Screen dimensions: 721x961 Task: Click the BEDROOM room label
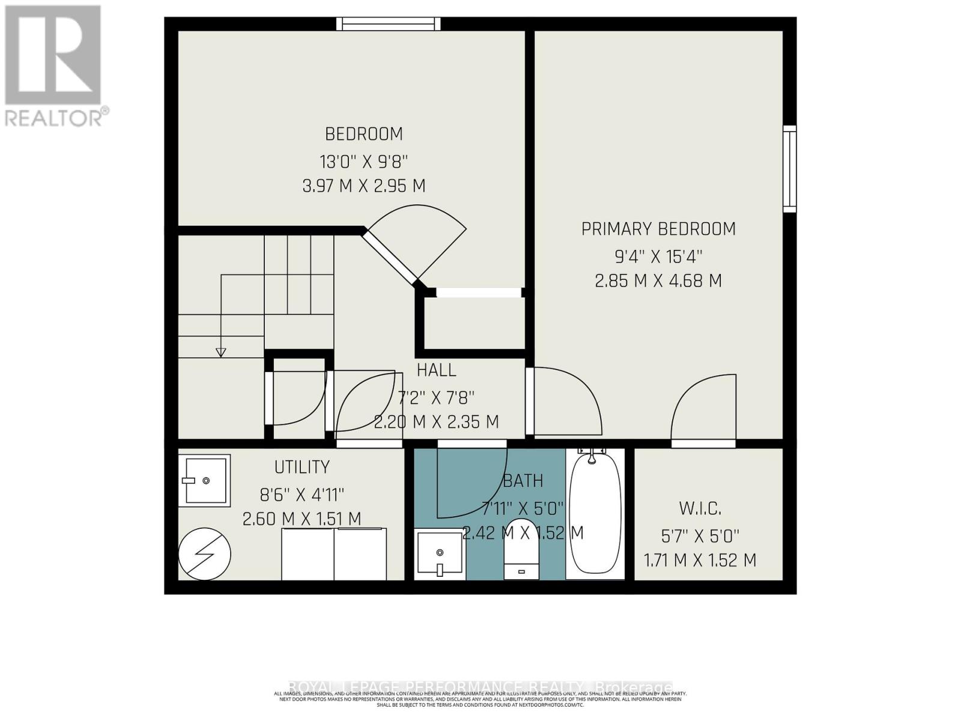click(363, 133)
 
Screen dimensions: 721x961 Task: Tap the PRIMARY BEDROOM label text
click(658, 229)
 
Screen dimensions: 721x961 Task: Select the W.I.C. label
click(700, 509)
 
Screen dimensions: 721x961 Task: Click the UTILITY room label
click(302, 467)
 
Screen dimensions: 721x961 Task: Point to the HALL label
click(436, 370)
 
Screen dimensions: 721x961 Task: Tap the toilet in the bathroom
click(520, 549)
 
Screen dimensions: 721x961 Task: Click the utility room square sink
click(204, 481)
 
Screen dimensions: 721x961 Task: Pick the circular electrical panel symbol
click(205, 554)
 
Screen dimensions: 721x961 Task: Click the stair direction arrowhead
click(220, 353)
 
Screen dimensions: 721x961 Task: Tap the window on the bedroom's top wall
click(388, 24)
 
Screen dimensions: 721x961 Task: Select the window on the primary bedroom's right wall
click(789, 169)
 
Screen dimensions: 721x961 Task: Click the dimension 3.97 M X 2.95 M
click(363, 186)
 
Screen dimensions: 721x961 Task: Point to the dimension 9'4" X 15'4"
click(658, 257)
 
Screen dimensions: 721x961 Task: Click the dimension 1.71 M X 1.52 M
click(700, 561)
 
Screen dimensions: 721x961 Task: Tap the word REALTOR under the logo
click(55, 118)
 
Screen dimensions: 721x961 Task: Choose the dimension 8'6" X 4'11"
click(302, 494)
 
